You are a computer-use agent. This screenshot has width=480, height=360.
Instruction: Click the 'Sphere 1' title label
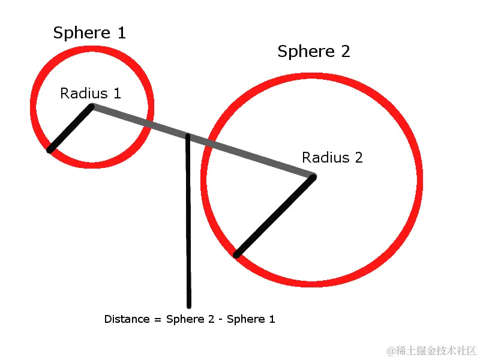coord(89,33)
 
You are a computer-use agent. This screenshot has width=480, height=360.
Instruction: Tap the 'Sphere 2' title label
coord(313,52)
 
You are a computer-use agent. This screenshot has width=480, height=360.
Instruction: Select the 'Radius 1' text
coord(91,94)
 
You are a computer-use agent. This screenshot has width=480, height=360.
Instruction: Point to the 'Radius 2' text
coord(332,158)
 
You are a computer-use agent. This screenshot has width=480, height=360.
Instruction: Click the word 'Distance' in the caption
coord(127,319)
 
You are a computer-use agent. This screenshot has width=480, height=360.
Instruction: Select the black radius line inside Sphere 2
coord(275,216)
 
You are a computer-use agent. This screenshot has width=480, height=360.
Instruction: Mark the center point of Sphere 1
coord(92,107)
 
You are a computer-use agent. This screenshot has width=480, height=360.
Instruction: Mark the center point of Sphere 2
coord(313,176)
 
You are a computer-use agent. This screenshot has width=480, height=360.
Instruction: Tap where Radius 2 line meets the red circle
coord(236,255)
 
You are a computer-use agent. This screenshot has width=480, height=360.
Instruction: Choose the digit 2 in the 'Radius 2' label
coord(358,158)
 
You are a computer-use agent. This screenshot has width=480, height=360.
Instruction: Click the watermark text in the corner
coord(431,350)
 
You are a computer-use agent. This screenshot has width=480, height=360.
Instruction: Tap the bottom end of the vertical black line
coord(189,305)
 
